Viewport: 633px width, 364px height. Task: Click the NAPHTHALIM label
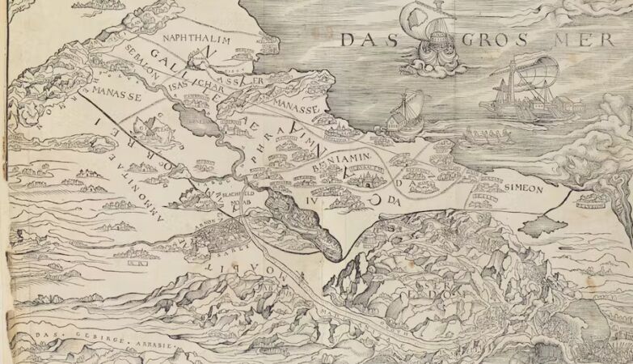[196, 39]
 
